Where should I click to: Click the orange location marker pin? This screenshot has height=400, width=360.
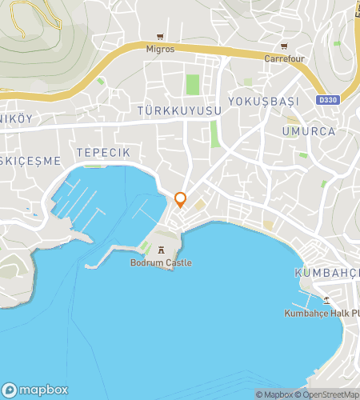[181, 199]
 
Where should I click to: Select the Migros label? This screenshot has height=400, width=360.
[160, 48]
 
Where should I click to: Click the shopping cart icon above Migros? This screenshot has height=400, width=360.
[161, 37]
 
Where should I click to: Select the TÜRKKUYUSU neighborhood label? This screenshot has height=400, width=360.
[178, 110]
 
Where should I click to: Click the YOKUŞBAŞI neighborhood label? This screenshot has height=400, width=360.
[263, 102]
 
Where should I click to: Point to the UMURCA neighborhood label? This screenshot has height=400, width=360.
[308, 130]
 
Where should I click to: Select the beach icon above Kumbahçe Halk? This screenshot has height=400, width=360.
[326, 300]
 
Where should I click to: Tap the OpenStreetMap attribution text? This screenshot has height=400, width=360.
[327, 394]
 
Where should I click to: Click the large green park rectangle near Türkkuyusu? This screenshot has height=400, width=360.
[192, 84]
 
